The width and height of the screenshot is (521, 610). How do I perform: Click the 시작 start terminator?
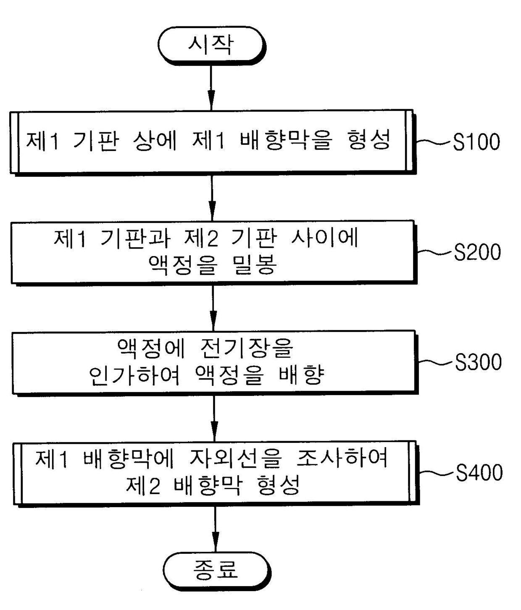tap(211, 45)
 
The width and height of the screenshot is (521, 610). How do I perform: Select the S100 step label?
tap(476, 142)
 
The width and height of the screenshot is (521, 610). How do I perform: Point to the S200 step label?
tap(477, 252)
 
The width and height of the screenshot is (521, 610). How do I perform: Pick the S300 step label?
tap(478, 362)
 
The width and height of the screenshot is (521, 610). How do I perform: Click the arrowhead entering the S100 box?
tap(211, 101)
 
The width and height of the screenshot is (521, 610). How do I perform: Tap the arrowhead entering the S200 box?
tap(212, 211)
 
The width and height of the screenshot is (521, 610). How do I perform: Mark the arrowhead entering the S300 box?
tap(213, 321)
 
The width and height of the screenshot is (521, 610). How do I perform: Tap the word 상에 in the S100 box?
tap(154, 140)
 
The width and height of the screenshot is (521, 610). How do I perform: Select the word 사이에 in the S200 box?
tap(324, 238)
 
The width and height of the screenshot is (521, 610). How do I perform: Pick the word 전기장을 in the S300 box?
tap(246, 348)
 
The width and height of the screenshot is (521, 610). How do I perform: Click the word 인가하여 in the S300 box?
tap(134, 375)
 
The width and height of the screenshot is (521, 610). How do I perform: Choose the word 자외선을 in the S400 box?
tap(236, 458)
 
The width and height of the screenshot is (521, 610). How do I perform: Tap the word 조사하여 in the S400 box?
tap(342, 458)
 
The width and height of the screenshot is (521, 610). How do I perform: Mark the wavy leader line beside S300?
tap(437, 362)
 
